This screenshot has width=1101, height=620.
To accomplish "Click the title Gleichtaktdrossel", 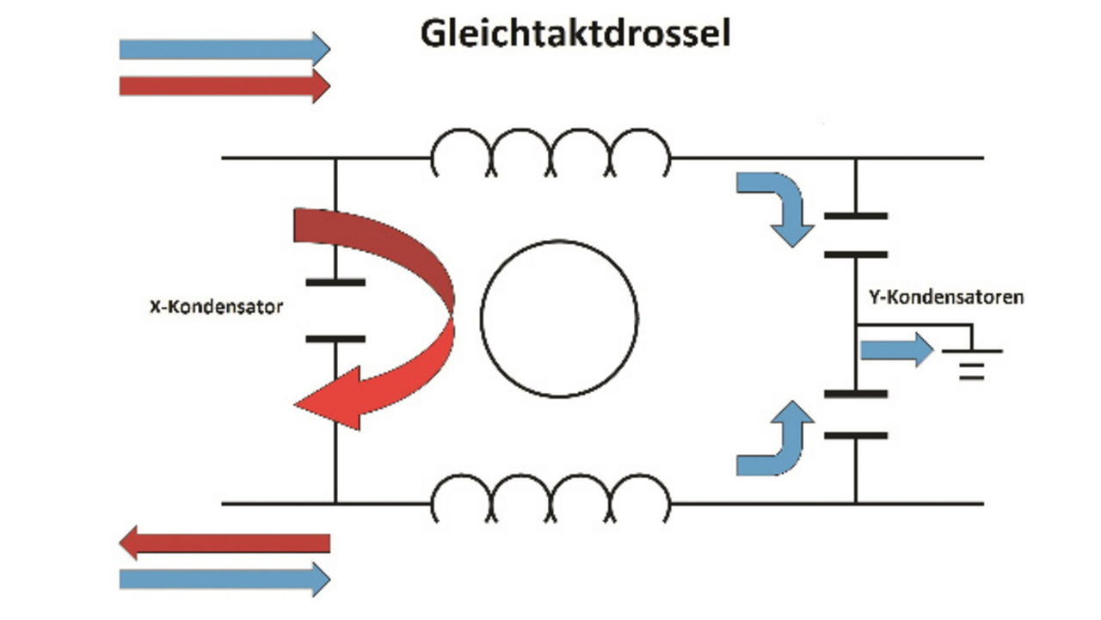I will [575, 34].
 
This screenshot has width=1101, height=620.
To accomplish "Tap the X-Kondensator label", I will [216, 307].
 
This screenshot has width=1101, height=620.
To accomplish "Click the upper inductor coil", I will [550, 150].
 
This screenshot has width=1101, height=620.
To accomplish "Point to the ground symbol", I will [971, 362].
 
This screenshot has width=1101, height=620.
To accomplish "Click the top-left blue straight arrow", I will [224, 49].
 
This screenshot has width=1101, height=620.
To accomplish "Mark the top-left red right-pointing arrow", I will [224, 85].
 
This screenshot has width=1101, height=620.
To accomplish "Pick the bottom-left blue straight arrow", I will [224, 579].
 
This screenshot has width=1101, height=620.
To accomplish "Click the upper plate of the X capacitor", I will [335, 281].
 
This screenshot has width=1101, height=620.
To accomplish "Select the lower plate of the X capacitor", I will [335, 339].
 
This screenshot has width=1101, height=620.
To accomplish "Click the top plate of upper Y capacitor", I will [855, 216].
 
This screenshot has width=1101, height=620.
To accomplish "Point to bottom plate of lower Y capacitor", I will [855, 435].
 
